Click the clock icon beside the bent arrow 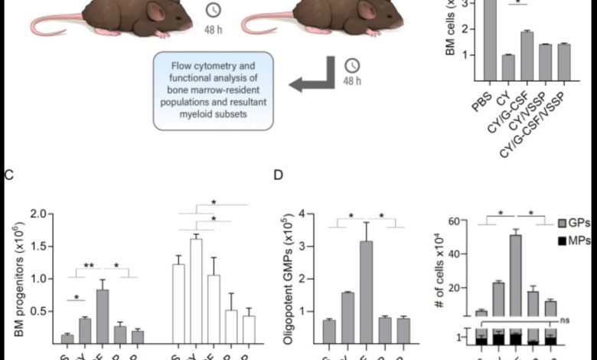click(352, 66)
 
